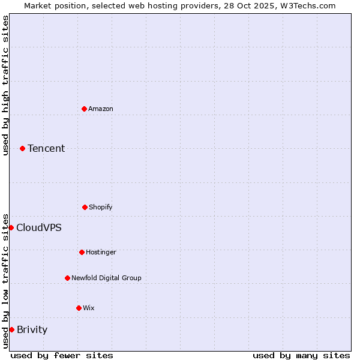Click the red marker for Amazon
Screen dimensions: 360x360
point(84,109)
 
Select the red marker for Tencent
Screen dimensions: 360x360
point(22,148)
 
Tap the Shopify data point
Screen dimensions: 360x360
point(85,207)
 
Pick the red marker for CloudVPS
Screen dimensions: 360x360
point(11,227)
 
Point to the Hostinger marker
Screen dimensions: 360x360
point(82,252)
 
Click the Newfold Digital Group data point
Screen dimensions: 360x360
point(67,278)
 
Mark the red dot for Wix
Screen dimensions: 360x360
point(79,308)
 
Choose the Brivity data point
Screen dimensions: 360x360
point(11,329)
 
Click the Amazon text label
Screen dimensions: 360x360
point(101,109)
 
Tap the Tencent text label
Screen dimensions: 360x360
point(46,148)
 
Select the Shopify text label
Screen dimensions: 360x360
point(101,207)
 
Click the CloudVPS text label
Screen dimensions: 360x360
point(39,227)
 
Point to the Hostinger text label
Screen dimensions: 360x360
point(101,252)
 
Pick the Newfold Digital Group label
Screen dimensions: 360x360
point(106,278)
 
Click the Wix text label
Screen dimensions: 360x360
point(89,308)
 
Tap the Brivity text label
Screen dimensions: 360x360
point(32,329)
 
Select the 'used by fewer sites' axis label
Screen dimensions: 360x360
point(62,355)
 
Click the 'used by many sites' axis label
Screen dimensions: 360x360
point(301,355)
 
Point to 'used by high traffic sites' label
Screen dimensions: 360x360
point(5,85)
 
